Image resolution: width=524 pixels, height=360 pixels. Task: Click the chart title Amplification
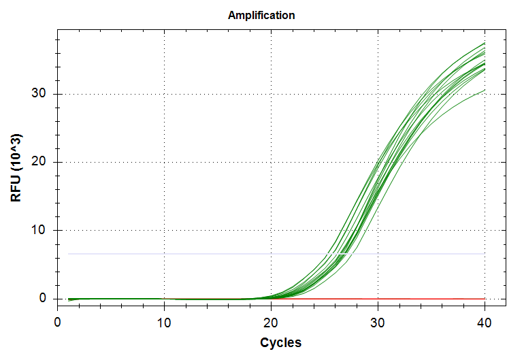[x=261, y=15]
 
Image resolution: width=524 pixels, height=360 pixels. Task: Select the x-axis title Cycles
[x=280, y=342]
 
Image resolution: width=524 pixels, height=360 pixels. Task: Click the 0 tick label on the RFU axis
[x=42, y=299]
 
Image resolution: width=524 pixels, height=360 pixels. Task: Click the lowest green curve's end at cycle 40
[x=484, y=90]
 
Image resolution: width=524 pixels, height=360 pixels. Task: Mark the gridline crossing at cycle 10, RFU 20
[x=165, y=162]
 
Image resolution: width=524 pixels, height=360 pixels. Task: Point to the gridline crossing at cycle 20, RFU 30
[x=272, y=94]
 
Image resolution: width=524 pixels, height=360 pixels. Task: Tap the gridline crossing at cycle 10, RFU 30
[x=165, y=94]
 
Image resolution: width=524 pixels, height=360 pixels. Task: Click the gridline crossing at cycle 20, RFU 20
[x=272, y=162]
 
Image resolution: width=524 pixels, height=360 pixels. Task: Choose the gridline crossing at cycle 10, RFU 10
[x=165, y=231]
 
